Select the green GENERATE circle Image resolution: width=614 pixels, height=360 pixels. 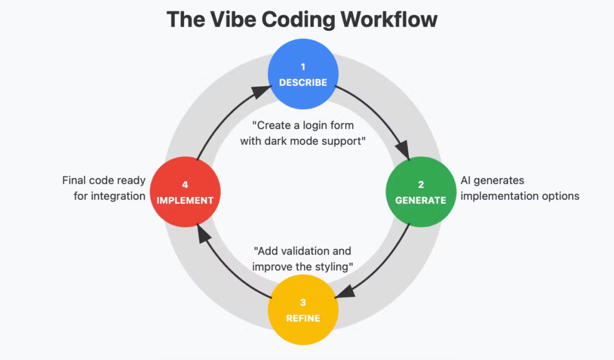[421, 192]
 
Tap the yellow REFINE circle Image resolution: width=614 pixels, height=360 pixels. [303, 310]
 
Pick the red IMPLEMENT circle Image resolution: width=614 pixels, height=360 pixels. [185, 192]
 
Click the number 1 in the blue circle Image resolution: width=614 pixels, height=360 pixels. [303, 67]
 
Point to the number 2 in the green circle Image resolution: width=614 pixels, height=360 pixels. [421, 185]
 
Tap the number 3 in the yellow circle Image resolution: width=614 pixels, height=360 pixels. [303, 303]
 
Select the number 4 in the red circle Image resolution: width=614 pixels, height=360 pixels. [185, 185]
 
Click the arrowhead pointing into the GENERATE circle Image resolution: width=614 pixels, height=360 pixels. [403, 151]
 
